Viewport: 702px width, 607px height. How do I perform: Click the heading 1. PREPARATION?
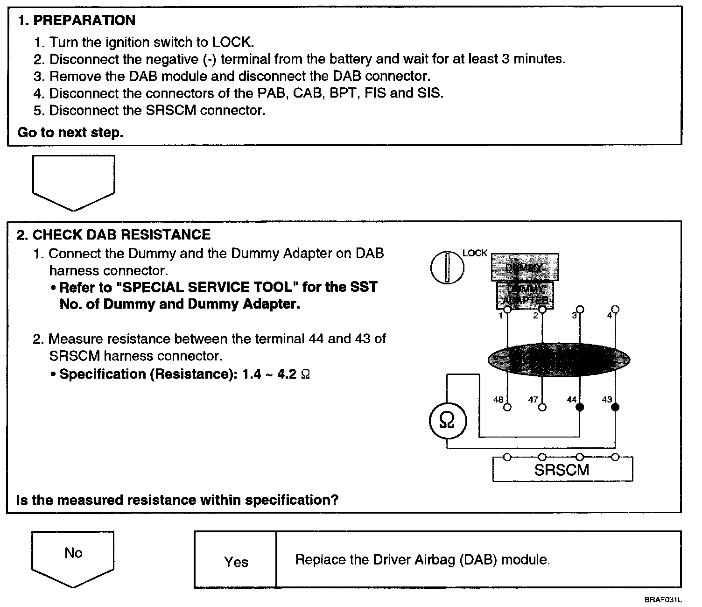[x=77, y=21]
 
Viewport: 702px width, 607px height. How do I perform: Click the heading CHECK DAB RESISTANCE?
[x=121, y=234]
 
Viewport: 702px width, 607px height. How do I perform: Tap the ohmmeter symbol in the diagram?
[x=447, y=421]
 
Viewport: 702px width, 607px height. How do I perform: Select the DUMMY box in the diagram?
[x=525, y=267]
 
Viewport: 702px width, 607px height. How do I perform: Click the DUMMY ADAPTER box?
[x=525, y=295]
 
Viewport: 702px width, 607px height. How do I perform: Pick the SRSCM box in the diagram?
[x=562, y=469]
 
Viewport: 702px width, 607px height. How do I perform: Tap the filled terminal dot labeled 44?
[x=580, y=407]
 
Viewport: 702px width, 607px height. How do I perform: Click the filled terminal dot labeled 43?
[x=615, y=407]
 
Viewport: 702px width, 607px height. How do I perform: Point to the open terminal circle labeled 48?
[x=507, y=407]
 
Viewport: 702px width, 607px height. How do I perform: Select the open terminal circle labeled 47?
[x=542, y=407]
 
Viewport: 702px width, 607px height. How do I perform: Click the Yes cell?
[x=236, y=562]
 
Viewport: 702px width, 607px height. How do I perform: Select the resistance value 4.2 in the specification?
[x=287, y=374]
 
